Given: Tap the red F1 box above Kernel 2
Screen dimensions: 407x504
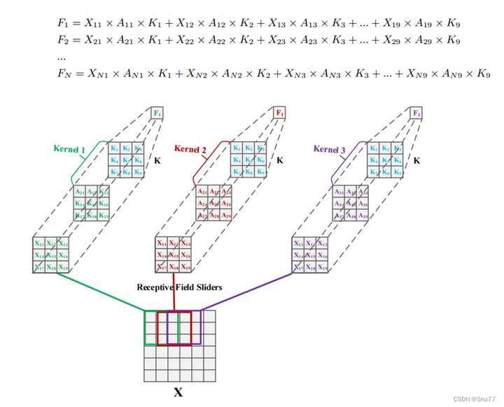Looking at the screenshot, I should click(279, 113).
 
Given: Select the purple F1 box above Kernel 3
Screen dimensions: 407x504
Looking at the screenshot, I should click(416, 113).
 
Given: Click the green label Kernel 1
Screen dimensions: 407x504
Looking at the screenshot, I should click(69, 148).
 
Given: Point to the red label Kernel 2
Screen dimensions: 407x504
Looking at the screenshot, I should click(190, 149).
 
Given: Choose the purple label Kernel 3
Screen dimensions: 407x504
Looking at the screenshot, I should click(330, 149).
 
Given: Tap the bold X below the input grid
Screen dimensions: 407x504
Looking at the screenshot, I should click(178, 392).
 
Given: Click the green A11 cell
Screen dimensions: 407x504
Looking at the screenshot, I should click(81, 192).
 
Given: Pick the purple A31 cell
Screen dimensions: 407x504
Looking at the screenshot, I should click(340, 192).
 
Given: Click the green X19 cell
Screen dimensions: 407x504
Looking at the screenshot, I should click(64, 267).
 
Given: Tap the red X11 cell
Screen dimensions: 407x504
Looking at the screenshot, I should click(162, 243).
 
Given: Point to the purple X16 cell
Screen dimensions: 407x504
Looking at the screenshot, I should click(322, 255).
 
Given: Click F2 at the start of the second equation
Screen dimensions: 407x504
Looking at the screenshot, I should click(62, 40).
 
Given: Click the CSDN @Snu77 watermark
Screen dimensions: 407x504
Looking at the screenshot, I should click(472, 398).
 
